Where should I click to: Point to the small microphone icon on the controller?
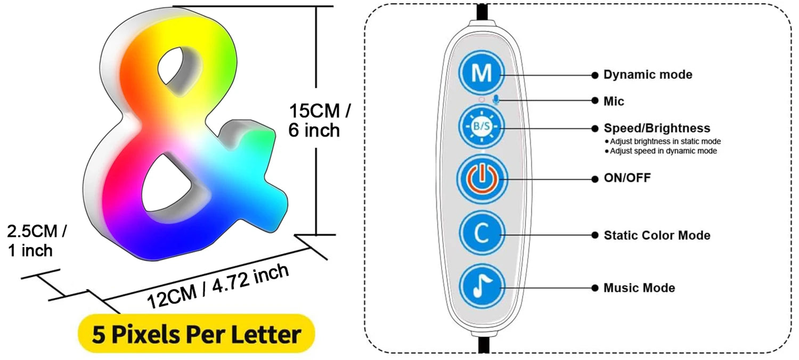tap(496, 100)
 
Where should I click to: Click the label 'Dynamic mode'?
tap(647, 75)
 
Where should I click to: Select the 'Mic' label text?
tap(614, 101)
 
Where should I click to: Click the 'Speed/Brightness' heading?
tap(656, 128)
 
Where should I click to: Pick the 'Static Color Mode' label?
tap(656, 235)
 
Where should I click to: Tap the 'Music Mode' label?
tap(639, 288)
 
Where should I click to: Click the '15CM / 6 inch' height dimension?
tap(320, 121)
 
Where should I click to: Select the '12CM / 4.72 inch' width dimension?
tap(218, 286)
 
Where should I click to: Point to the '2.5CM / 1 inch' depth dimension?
tap(36, 241)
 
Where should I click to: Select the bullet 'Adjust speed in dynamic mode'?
tap(663, 151)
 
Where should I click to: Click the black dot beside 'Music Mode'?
tap(594, 288)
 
